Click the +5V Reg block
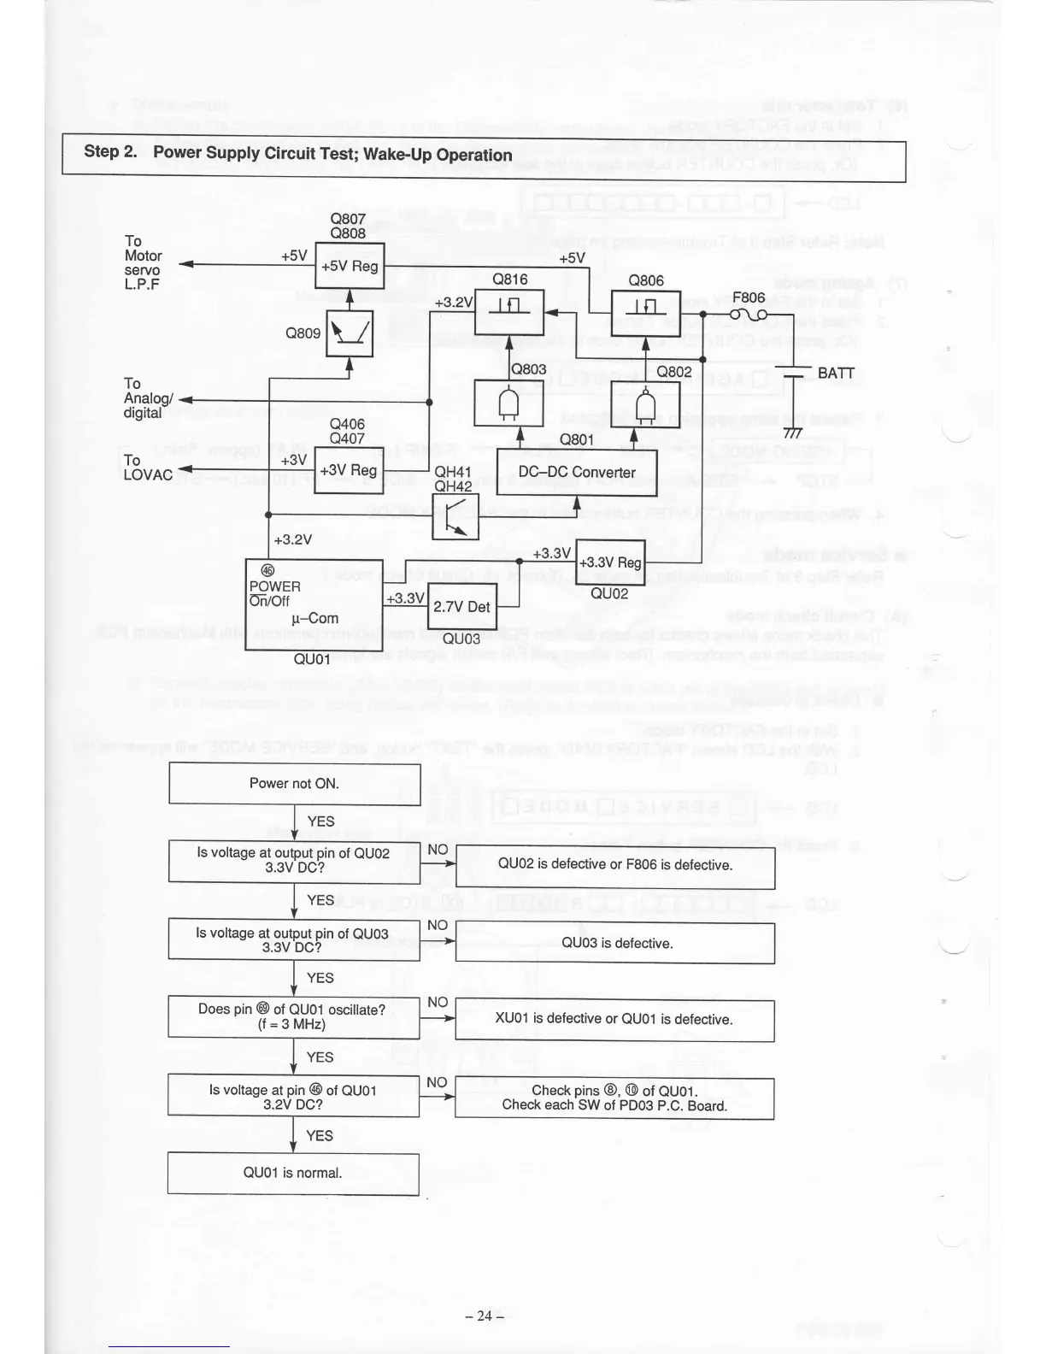pyautogui.click(x=350, y=266)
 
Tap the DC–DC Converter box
pyautogui.click(x=577, y=473)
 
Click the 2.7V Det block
pyautogui.click(x=461, y=607)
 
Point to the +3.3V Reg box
pyautogui.click(x=610, y=562)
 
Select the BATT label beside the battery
pyautogui.click(x=836, y=374)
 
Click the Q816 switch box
pyautogui.click(x=509, y=312)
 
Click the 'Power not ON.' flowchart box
pyautogui.click(x=294, y=784)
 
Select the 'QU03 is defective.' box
pyautogui.click(x=615, y=944)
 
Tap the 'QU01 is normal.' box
pyautogui.click(x=293, y=1174)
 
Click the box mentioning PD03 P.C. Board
pyautogui.click(x=614, y=1098)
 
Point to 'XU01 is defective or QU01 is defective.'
pyautogui.click(x=614, y=1020)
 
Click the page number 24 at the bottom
pyautogui.click(x=485, y=1316)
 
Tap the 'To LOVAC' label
pyautogui.click(x=147, y=468)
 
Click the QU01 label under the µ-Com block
pyautogui.click(x=311, y=659)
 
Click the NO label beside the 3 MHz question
pyautogui.click(x=437, y=1002)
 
